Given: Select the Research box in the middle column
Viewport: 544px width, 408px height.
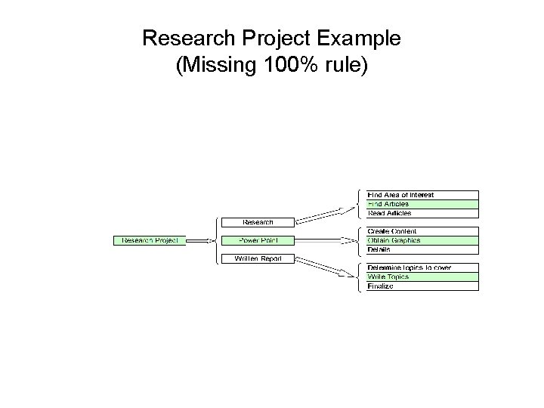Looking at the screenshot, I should [x=258, y=222].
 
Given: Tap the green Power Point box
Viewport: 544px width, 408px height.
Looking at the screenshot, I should [x=258, y=240].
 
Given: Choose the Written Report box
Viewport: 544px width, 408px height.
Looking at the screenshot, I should [x=258, y=258].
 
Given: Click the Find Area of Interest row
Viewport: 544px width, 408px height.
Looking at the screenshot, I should [x=422, y=195].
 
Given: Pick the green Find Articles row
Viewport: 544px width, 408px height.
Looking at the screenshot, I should [x=422, y=204].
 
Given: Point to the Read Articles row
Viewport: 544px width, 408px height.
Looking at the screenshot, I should [x=422, y=213].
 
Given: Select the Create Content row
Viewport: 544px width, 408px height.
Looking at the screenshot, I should [x=422, y=231].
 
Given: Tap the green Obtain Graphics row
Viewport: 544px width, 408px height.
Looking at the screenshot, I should [x=422, y=240].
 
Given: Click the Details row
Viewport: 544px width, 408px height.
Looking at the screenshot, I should [x=422, y=249].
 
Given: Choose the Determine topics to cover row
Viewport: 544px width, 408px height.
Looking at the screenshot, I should [x=422, y=268].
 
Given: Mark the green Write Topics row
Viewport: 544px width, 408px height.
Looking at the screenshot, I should [x=422, y=277].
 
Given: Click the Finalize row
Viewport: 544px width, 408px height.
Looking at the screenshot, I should [x=422, y=286].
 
